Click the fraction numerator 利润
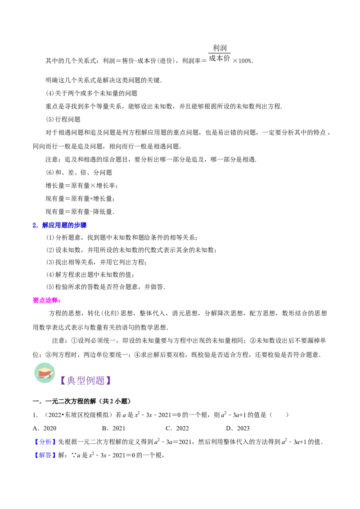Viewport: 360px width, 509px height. point(220,48)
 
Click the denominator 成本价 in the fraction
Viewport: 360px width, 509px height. point(219,58)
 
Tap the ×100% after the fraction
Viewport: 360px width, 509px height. point(243,61)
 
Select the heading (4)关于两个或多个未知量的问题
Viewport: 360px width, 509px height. point(92,94)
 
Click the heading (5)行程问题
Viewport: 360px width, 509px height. point(63,120)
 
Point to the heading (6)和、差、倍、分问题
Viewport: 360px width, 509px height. point(79,172)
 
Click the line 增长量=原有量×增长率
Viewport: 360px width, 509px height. point(81,186)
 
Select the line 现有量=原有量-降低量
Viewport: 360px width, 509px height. point(80,212)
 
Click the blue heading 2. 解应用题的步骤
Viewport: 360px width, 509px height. point(59,225)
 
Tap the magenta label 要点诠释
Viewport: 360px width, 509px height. point(47,300)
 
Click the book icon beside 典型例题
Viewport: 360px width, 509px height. point(45,373)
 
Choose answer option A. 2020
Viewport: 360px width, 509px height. point(45,429)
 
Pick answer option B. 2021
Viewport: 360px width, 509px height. point(113,429)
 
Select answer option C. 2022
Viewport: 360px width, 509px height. point(177,429)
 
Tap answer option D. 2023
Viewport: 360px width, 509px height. point(238,429)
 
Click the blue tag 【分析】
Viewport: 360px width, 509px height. point(45,442)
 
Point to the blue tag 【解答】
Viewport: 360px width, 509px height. point(45,455)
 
